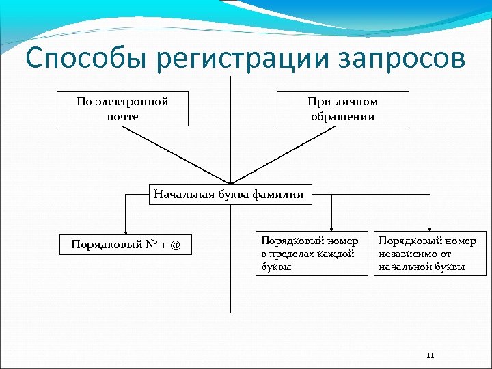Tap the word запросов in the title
click(x=400, y=59)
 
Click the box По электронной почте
click(x=122, y=109)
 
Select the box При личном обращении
click(x=342, y=109)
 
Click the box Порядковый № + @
click(x=126, y=245)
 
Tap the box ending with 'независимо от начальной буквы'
click(x=428, y=254)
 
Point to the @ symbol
click(x=176, y=245)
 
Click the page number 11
click(x=430, y=355)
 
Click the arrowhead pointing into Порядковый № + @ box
click(x=126, y=232)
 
